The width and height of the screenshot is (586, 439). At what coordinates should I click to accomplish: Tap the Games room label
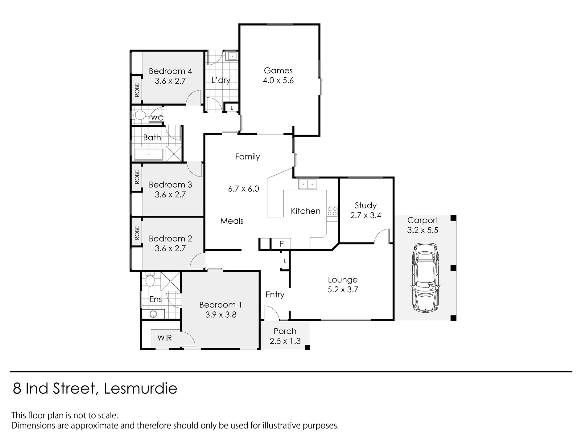pos(278,71)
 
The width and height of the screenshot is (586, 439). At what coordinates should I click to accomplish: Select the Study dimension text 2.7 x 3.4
pos(366,215)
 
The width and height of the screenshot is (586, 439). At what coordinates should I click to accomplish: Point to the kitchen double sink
pos(308,184)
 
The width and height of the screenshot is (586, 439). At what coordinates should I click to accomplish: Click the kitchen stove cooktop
pos(332,211)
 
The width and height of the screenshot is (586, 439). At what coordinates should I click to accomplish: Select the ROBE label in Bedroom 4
pos(137,90)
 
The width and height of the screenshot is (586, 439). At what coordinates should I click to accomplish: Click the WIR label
pos(164,338)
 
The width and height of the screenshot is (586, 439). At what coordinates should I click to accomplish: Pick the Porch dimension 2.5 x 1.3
pos(285,341)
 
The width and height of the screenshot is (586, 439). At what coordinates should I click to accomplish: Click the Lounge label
pos(343,280)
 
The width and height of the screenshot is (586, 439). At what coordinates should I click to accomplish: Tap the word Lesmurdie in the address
pos(140,389)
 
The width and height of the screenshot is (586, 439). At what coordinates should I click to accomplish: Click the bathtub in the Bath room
pos(148,154)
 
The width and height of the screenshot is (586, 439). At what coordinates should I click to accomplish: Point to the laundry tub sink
pos(232,56)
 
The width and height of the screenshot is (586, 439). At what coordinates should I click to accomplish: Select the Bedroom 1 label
pos(221,305)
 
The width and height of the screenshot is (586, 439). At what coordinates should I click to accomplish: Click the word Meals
pos(232,221)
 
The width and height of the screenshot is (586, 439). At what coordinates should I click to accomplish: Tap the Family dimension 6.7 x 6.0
pos(243,189)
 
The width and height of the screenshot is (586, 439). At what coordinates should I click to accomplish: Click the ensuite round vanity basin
pos(153,314)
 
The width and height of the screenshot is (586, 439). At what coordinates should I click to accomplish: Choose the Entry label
pos(275,295)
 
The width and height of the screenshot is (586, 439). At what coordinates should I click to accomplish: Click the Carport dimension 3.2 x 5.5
pos(423,230)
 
